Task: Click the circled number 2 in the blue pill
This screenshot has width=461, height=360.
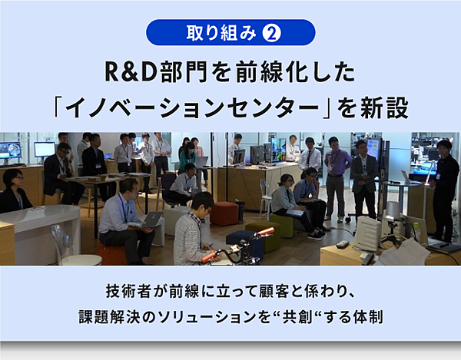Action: (272, 33)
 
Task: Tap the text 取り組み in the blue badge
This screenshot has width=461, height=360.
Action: (221, 33)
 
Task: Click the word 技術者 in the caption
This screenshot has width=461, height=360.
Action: (128, 291)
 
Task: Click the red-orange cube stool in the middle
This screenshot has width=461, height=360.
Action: (224, 213)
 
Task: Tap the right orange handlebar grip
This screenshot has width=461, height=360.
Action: (266, 231)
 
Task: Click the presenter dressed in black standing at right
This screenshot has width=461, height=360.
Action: (445, 191)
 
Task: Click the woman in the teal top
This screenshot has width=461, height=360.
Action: (187, 158)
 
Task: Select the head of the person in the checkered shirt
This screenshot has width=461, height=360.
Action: (202, 203)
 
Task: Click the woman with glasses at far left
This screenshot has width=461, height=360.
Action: (14, 191)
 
